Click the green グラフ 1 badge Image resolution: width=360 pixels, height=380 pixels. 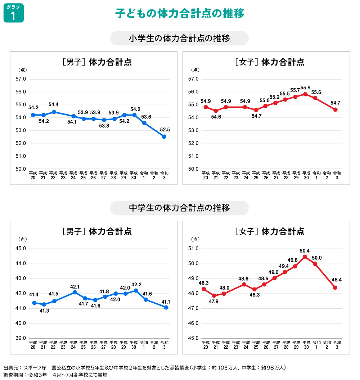(14, 13)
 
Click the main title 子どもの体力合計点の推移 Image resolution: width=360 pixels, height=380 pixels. (180, 13)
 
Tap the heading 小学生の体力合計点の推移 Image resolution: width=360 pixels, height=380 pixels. (179, 38)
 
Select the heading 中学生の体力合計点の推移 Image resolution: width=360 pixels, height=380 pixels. (179, 208)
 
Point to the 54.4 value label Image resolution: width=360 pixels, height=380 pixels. (54, 104)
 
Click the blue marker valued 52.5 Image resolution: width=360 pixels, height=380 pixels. (164, 137)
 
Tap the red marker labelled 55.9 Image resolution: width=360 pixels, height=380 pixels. (305, 94)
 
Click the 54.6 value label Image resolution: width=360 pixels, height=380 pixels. (216, 116)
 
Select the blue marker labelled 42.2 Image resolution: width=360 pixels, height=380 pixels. (136, 290)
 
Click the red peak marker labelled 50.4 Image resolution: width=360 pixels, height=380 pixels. (305, 257)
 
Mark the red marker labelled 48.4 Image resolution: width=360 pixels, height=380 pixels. (335, 287)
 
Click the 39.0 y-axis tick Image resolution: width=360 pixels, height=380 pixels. (21, 338)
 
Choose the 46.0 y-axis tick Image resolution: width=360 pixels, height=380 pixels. (193, 323)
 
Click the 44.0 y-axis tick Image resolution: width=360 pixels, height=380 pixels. (21, 263)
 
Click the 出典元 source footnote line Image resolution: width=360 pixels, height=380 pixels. (144, 368)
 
